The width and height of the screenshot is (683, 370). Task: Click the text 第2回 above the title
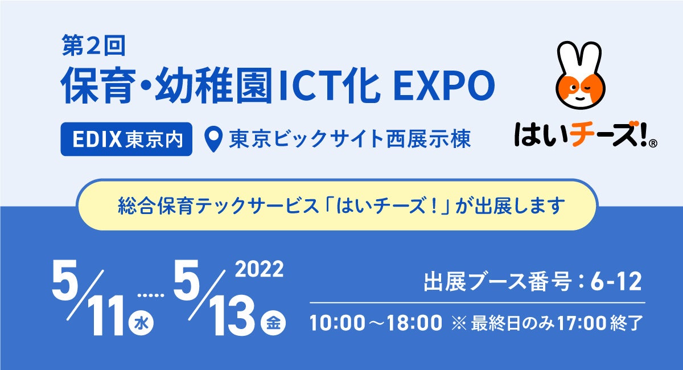point(94,46)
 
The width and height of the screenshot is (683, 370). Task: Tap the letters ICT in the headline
point(308,87)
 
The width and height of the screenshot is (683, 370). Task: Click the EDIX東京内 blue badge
point(126,139)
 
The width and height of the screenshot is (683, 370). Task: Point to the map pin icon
point(212,139)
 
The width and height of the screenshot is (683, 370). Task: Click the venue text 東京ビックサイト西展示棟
point(350,139)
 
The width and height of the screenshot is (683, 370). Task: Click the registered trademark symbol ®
point(652,143)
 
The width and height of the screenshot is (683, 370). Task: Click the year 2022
point(259,269)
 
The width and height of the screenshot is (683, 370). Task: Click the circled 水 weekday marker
point(141,323)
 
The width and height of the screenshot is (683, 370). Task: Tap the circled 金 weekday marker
point(274,323)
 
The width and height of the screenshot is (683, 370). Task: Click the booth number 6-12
point(616,282)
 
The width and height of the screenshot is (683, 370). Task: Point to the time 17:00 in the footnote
point(582,323)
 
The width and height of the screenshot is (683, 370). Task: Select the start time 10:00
point(338,323)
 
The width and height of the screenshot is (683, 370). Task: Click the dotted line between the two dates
point(151,295)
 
